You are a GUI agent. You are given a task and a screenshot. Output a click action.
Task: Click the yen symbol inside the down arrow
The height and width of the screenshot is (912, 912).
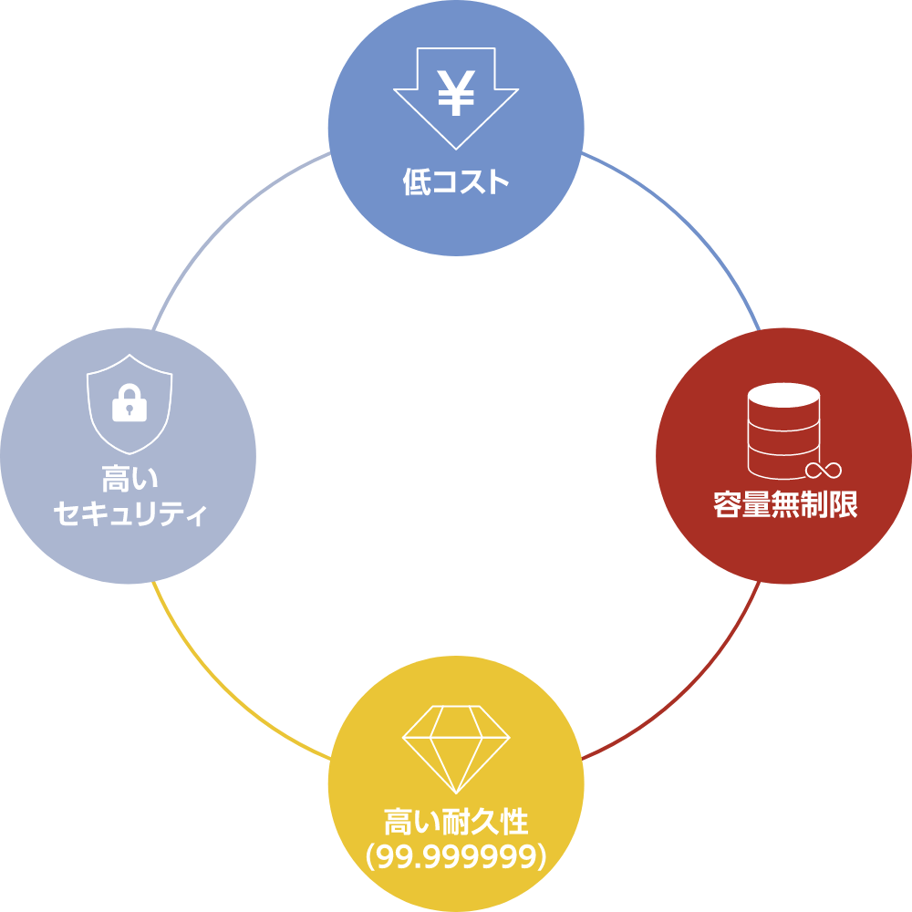tap(456, 92)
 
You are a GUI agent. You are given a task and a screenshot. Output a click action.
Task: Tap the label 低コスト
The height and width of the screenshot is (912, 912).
tap(456, 181)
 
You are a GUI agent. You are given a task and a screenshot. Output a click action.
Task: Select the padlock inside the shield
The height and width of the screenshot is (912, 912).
tap(130, 402)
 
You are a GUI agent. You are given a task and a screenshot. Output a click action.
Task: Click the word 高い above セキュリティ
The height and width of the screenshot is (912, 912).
tap(130, 478)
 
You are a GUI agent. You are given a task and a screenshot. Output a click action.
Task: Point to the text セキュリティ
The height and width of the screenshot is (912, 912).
tap(130, 513)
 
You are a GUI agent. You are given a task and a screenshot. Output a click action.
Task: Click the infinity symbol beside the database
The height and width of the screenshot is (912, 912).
tap(823, 470)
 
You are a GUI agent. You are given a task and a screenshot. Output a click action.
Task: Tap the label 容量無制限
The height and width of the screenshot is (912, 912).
tap(785, 504)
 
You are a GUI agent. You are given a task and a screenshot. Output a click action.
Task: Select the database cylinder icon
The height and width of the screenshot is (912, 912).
tap(784, 431)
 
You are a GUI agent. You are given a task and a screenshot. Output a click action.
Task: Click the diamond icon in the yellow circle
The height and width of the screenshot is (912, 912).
tap(456, 749)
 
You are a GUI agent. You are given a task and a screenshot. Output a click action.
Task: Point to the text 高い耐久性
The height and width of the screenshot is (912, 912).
tap(456, 822)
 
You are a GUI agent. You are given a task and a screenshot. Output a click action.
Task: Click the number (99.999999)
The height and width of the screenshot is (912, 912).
tap(456, 856)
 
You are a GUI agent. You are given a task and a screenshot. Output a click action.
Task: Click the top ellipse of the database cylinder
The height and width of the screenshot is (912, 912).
tap(784, 396)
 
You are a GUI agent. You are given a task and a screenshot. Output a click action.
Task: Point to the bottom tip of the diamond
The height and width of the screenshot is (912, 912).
tap(456, 793)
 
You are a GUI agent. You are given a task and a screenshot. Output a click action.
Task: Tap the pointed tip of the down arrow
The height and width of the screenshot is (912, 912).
tap(456, 150)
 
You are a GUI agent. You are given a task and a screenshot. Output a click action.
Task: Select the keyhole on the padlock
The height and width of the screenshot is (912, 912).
tap(130, 409)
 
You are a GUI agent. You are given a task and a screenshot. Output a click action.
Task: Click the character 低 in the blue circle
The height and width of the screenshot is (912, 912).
tap(417, 181)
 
